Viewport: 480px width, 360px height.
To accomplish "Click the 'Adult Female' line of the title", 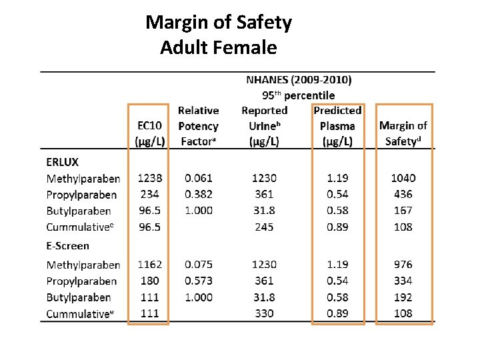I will [218, 47].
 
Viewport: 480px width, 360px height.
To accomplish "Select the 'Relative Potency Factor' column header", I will [198, 126].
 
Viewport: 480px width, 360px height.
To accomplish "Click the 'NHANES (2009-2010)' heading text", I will [299, 80].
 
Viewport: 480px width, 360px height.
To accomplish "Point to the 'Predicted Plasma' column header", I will [337, 126].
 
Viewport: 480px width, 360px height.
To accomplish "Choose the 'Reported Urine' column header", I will [265, 126].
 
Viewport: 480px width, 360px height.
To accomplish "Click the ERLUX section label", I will [62, 162].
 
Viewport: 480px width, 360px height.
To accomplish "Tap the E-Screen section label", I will [67, 246].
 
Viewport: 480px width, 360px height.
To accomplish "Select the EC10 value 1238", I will [150, 178].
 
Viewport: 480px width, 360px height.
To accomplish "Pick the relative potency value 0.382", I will [199, 195].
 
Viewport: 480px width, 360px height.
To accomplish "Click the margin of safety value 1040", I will [403, 178].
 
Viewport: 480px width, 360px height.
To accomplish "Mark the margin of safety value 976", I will [403, 265].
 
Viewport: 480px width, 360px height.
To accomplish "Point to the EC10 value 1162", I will [150, 265].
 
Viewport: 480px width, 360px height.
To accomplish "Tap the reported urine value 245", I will [264, 227].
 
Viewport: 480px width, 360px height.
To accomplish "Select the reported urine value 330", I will [264, 313].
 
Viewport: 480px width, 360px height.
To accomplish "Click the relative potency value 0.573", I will [199, 281].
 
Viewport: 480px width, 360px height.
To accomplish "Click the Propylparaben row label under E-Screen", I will [81, 281].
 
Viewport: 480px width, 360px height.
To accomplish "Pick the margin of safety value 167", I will [403, 211].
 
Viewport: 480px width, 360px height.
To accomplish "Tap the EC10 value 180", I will [150, 281].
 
